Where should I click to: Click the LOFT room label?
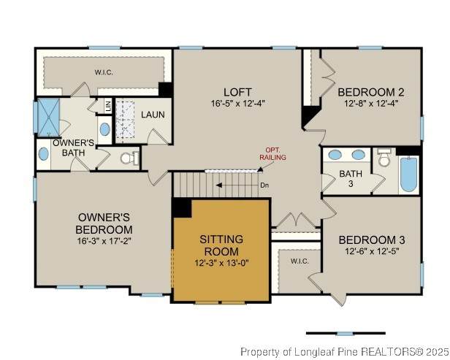237,92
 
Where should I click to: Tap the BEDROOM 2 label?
371,92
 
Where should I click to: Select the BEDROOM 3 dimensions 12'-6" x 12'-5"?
372,251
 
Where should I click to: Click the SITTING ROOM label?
221,245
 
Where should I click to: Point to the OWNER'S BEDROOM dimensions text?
104,241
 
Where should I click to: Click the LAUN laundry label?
153,115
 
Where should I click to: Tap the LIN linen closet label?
108,107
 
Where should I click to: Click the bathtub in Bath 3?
408,174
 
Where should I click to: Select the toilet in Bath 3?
384,158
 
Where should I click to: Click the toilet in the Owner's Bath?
130,158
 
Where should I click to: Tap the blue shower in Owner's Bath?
48,118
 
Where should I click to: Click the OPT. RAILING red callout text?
272,154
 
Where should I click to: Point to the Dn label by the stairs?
264,185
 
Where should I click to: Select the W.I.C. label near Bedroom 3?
300,261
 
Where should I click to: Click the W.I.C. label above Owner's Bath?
104,72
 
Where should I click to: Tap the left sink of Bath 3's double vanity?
335,155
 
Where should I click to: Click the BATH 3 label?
351,178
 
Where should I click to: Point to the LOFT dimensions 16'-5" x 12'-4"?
237,103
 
